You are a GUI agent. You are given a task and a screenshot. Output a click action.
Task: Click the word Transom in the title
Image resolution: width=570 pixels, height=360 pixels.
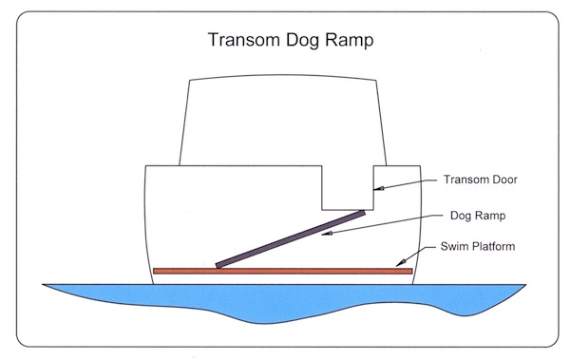242,44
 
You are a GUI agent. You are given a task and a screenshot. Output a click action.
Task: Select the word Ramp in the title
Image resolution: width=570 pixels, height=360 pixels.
351,44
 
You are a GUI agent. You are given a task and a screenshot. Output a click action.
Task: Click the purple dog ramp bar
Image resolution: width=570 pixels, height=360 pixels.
291,238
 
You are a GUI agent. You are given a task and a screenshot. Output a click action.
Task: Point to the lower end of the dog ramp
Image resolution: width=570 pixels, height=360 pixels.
219,264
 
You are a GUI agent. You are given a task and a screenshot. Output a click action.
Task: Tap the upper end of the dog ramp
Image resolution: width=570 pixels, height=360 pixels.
362,214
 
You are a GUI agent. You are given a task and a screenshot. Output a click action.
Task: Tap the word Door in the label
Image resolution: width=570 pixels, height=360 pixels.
501,179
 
